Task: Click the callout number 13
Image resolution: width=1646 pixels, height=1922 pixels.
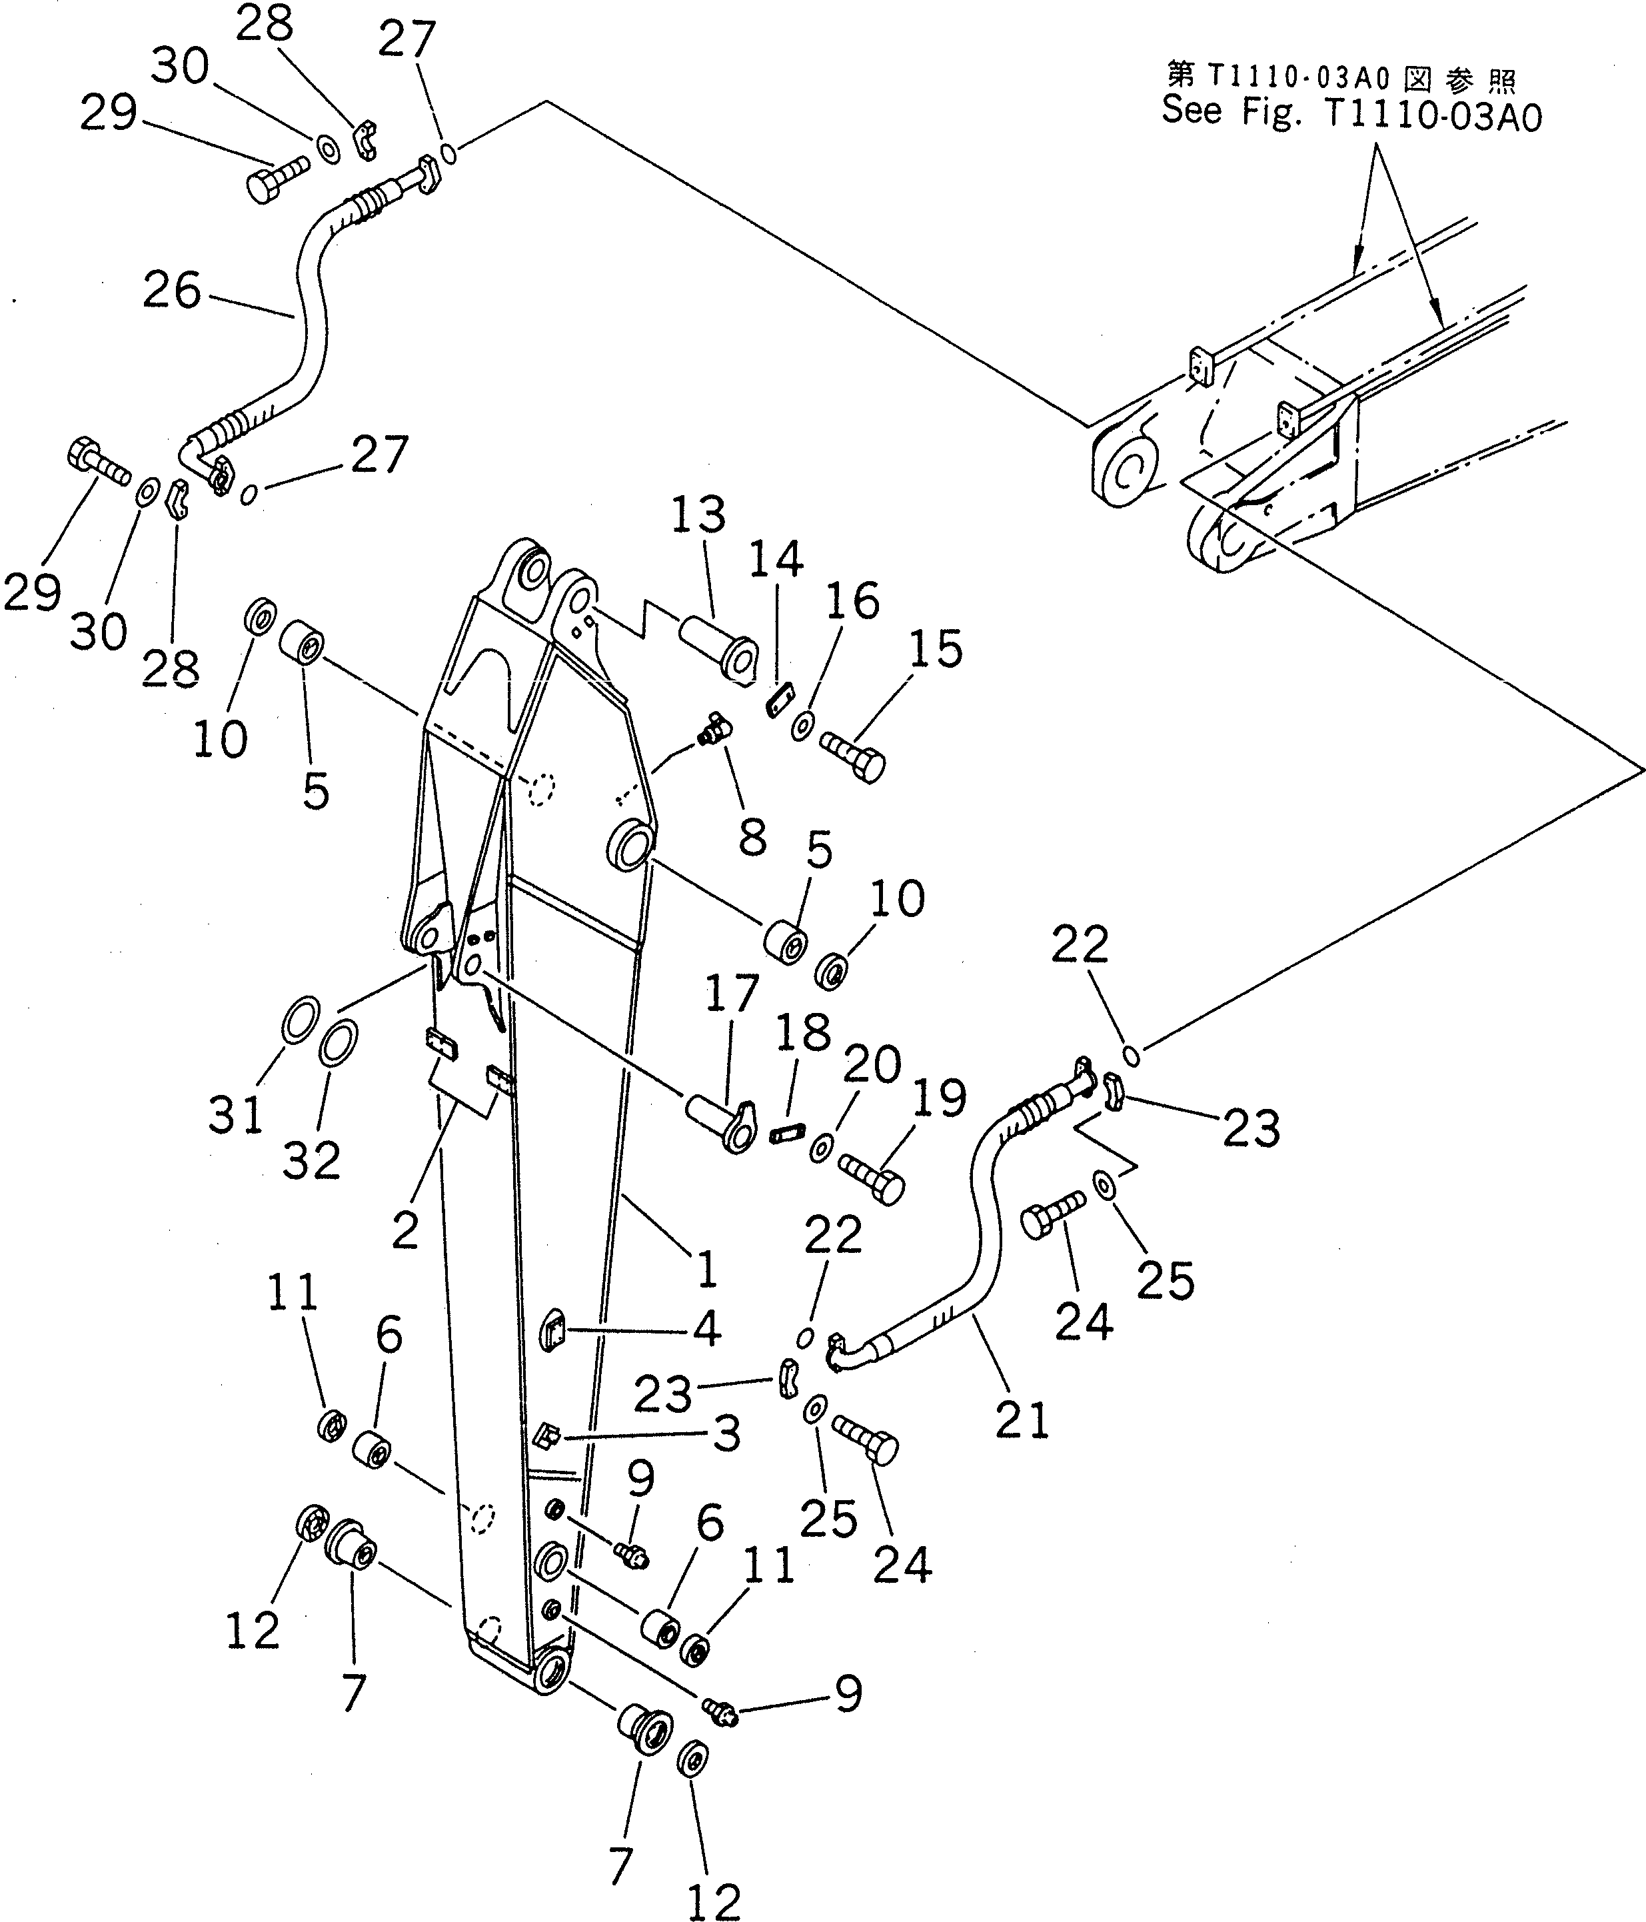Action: pos(698,514)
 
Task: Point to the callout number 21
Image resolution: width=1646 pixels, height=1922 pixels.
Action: pos(1021,1420)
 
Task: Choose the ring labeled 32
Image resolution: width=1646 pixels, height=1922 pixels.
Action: pos(339,1046)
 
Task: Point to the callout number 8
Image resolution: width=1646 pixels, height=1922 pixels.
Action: pos(752,838)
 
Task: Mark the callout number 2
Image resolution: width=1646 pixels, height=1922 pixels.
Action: pos(405,1231)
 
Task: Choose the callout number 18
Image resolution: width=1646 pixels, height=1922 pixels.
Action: pos(803,1032)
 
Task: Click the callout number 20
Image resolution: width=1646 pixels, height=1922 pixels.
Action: pos(872,1064)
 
